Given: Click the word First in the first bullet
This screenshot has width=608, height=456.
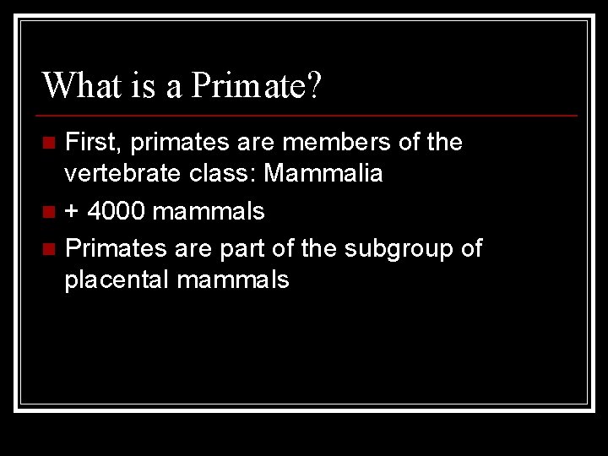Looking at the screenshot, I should [90, 142].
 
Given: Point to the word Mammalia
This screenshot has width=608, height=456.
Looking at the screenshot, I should [323, 174].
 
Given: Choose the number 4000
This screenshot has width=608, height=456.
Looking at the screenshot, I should [117, 211].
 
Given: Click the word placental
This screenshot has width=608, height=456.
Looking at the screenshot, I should [117, 280].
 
